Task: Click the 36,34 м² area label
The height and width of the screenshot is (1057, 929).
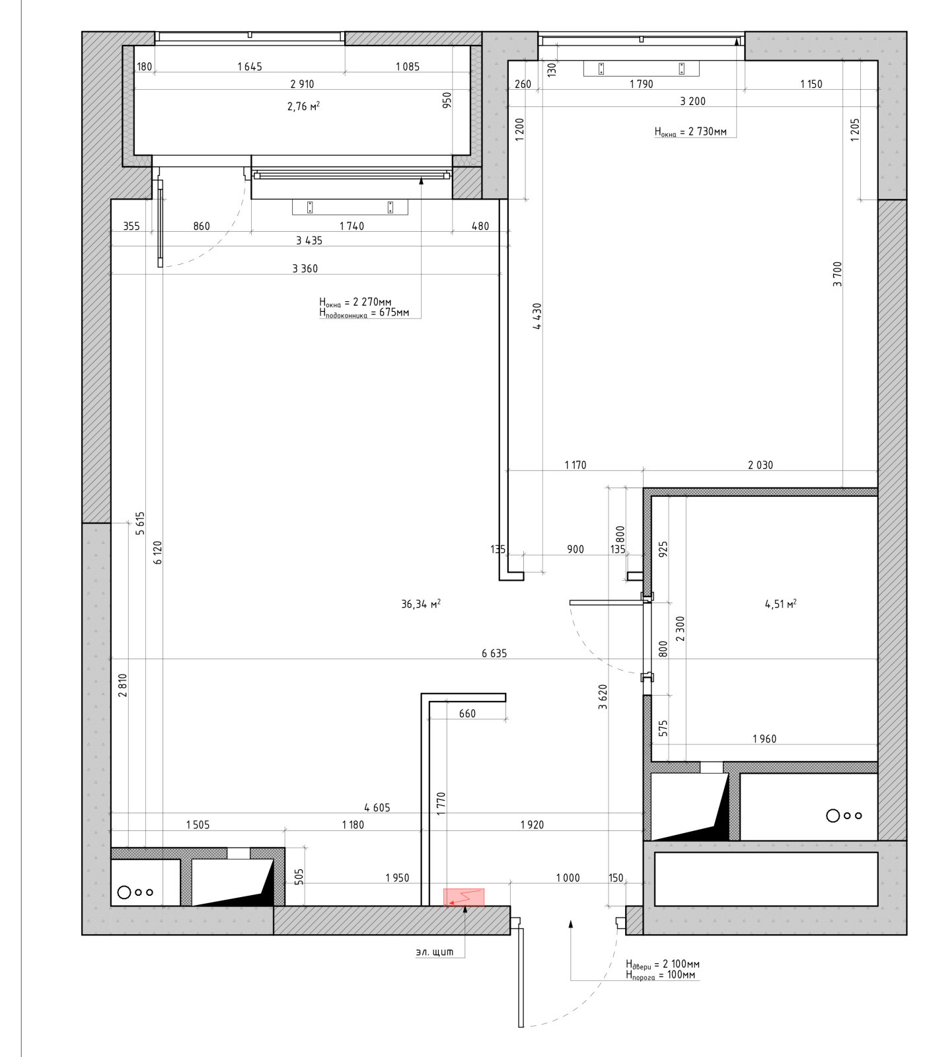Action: [x=421, y=604]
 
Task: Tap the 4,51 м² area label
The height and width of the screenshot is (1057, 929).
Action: [x=780, y=604]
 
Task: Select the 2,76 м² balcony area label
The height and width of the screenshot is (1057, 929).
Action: [x=303, y=106]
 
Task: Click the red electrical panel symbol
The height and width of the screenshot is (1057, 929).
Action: [x=464, y=897]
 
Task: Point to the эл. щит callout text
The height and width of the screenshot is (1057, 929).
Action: [x=435, y=952]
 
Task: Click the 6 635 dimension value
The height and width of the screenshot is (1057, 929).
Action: [x=494, y=653]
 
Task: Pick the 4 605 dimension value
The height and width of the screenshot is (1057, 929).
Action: [x=377, y=807]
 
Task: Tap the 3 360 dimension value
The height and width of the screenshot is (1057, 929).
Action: [x=305, y=268]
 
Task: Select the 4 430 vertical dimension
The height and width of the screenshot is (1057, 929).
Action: [x=537, y=316]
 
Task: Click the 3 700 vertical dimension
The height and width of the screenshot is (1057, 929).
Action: [x=838, y=274]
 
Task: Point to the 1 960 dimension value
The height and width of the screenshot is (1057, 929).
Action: [x=764, y=739]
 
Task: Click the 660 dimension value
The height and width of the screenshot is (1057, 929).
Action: [x=467, y=713]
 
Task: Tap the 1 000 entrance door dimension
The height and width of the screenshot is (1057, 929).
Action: [x=568, y=878]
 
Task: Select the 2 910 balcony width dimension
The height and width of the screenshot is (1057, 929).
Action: [x=302, y=84]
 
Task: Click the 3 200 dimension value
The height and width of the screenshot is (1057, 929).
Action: [x=692, y=101]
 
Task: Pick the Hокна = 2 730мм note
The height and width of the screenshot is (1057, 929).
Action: [x=690, y=132]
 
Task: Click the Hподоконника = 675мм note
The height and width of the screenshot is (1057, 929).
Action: [x=364, y=313]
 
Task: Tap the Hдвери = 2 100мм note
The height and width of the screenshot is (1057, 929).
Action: [x=663, y=965]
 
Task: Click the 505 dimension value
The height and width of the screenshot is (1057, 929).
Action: [x=299, y=877]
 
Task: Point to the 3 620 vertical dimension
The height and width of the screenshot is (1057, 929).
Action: [x=603, y=697]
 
